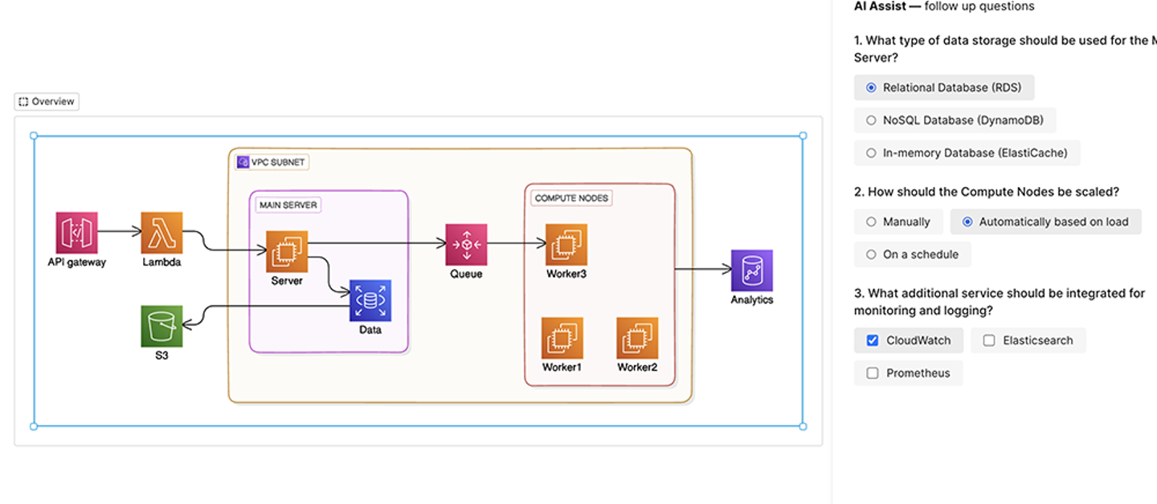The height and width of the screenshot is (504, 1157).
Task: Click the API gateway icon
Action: point(76,233)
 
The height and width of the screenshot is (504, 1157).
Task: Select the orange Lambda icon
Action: point(161,233)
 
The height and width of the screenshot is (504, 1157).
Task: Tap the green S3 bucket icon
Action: point(161,326)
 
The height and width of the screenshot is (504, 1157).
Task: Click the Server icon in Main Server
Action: point(287,251)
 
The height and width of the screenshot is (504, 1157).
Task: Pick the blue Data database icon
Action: point(370,300)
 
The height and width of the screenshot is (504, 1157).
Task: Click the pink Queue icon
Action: point(466,244)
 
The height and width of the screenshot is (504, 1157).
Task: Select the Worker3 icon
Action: point(566,244)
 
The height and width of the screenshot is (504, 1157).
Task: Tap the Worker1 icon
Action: point(562,338)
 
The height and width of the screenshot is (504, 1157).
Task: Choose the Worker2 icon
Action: point(637,338)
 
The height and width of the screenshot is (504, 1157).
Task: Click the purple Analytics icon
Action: point(751,270)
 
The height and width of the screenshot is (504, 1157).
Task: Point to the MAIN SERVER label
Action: point(288,205)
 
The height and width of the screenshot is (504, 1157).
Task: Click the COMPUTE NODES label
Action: point(571,198)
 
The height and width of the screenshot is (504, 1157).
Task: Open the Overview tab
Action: point(47,102)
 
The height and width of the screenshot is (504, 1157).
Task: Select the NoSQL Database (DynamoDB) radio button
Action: point(872,120)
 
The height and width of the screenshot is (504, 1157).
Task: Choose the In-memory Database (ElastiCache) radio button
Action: point(872,152)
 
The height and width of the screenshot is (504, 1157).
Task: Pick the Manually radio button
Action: point(872,222)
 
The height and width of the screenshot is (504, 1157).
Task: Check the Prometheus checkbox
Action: point(873,373)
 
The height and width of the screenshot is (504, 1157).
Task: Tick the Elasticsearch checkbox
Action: point(989,340)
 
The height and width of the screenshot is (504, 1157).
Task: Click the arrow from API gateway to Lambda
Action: point(119,232)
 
